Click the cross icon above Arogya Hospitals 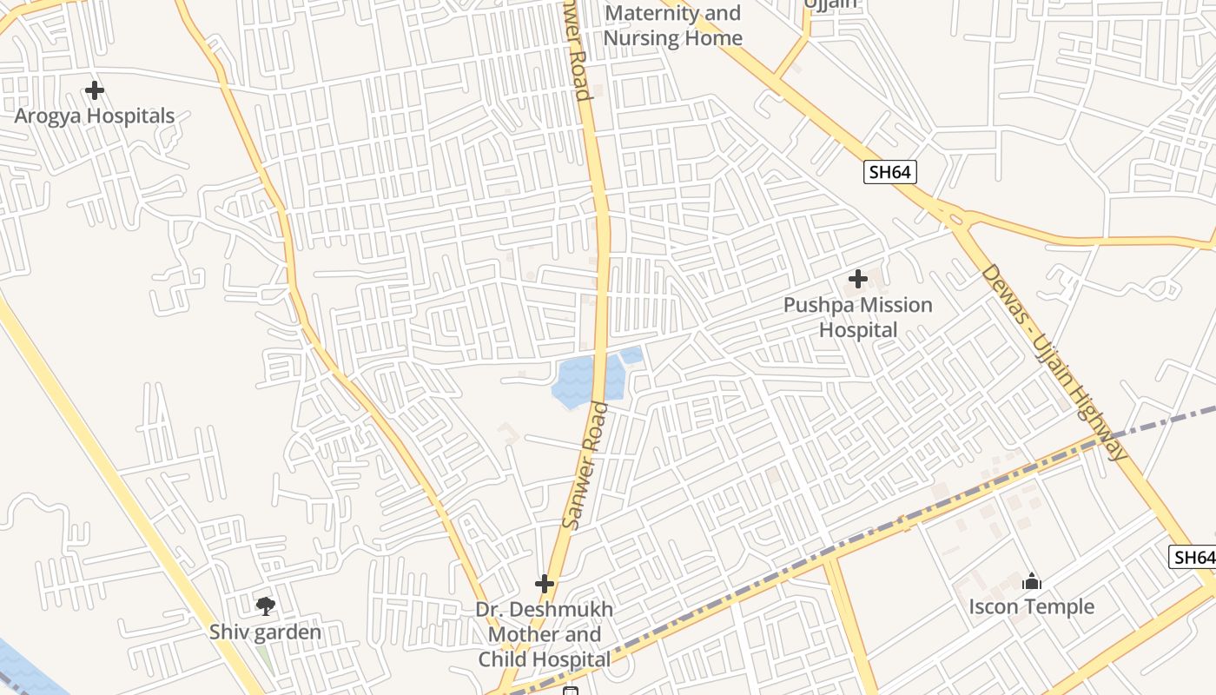95,90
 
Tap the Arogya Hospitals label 95,116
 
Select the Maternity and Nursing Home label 672,25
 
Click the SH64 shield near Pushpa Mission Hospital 890,172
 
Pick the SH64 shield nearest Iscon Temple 1192,558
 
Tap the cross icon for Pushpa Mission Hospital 858,279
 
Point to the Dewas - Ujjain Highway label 1054,362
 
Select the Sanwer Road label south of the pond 585,466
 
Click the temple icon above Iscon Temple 1032,581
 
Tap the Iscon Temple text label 1032,606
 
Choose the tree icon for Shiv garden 266,606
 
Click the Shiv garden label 265,632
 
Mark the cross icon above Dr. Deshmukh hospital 545,584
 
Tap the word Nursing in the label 638,38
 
